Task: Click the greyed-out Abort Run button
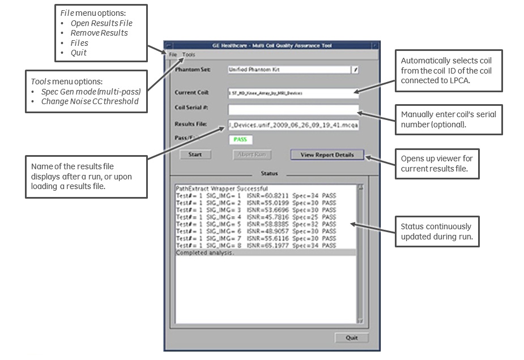(252, 155)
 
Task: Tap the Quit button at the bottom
(351, 338)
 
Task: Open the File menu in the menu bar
(173, 54)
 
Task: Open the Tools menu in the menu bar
(189, 54)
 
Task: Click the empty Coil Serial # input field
(293, 110)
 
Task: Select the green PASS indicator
(240, 139)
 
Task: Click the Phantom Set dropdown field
(289, 70)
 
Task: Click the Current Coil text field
(293, 92)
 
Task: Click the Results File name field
(293, 125)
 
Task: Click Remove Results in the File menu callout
(99, 33)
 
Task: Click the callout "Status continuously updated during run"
(440, 232)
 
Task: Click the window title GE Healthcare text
(272, 46)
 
